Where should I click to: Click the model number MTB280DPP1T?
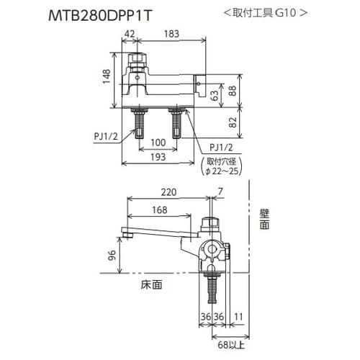tap(100, 16)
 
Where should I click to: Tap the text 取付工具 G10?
tap(265, 12)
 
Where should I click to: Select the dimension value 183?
tap(171, 34)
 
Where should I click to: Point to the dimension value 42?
tap(130, 34)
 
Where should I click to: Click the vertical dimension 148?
tap(107, 76)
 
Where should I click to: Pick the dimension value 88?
tap(232, 91)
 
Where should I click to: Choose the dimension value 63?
tap(215, 95)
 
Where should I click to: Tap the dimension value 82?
tap(232, 122)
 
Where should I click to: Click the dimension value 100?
tap(158, 143)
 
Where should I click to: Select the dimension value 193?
tap(158, 157)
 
